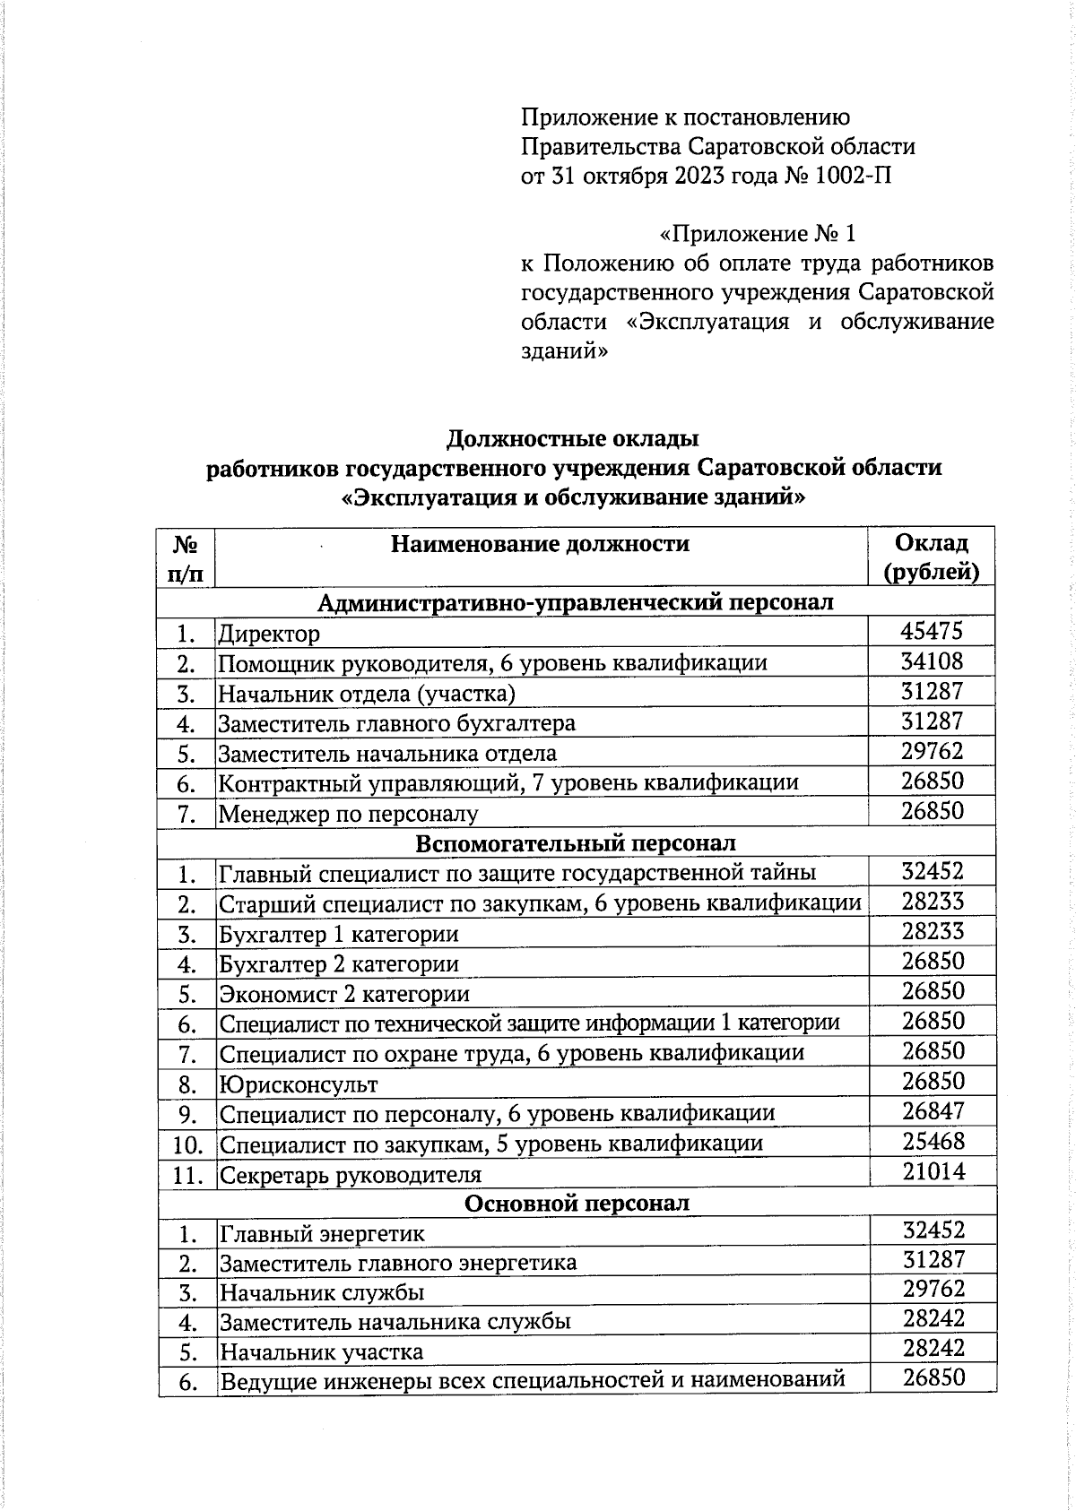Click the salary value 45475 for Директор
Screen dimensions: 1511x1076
[x=932, y=631]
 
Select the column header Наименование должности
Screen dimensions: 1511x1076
[x=540, y=544]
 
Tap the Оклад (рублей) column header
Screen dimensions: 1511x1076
[x=932, y=557]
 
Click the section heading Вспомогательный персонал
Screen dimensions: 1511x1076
[x=576, y=843]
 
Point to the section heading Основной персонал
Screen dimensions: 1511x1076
[x=576, y=1204]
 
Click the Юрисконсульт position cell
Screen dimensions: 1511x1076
[x=299, y=1085]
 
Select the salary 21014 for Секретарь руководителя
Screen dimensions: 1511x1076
[x=933, y=1171]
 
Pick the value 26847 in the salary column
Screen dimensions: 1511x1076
[x=933, y=1111]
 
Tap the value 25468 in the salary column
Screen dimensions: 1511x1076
[x=933, y=1142]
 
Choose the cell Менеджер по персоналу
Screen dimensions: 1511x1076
[x=349, y=815]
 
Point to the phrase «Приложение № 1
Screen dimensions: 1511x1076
[x=758, y=235]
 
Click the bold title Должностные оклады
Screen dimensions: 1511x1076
[x=572, y=439]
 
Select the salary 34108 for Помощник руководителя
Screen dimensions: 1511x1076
[x=932, y=661]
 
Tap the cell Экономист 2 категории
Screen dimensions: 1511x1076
[x=344, y=995]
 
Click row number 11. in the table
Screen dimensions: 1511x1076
[x=187, y=1175]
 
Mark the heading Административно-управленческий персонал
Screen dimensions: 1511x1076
[x=576, y=602]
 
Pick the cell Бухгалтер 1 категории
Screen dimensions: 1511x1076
[x=339, y=935]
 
